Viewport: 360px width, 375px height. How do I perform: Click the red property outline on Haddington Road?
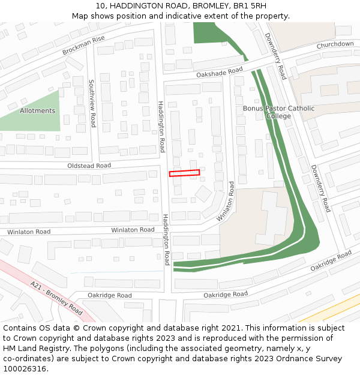pos(184,173)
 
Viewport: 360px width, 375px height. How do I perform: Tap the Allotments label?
pos(37,111)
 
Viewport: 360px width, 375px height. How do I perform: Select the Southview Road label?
pos(92,103)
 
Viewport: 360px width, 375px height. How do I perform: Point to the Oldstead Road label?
pos(89,166)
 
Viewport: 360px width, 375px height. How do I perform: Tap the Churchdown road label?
pos(335,44)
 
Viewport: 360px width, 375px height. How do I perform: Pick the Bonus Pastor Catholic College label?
pos(278,112)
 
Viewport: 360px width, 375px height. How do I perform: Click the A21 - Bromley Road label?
pos(56,298)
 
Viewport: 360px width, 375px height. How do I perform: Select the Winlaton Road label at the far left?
pos(29,232)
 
